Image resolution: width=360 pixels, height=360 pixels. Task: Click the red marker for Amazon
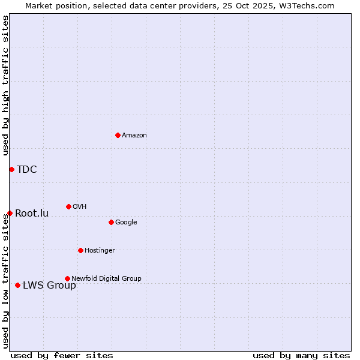point(118,135)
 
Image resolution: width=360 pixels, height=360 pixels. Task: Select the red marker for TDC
point(11,169)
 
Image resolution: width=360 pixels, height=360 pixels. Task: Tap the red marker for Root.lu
point(10,213)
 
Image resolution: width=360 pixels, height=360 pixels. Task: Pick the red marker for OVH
point(68,206)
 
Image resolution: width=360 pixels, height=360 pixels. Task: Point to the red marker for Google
point(111,222)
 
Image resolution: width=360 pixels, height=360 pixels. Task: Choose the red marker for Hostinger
point(80,250)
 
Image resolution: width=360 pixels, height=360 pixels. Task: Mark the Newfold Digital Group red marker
point(67,278)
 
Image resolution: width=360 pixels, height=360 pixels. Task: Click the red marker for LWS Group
point(17,285)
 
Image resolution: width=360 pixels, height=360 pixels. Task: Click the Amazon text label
point(134,135)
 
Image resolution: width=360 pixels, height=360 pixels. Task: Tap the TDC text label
point(27,169)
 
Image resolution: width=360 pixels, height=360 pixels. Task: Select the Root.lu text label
point(32,213)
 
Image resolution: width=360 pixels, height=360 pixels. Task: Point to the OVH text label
point(80,206)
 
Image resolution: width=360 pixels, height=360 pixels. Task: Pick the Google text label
point(126,222)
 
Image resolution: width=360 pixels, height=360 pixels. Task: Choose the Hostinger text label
point(100,250)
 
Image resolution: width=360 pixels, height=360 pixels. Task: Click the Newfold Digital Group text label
point(106,278)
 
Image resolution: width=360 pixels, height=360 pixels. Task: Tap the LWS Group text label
point(49,285)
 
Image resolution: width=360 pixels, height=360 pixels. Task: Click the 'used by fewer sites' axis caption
point(62,355)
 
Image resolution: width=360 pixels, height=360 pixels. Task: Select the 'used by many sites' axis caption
point(301,355)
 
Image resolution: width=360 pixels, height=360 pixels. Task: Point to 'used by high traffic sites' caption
point(5,85)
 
